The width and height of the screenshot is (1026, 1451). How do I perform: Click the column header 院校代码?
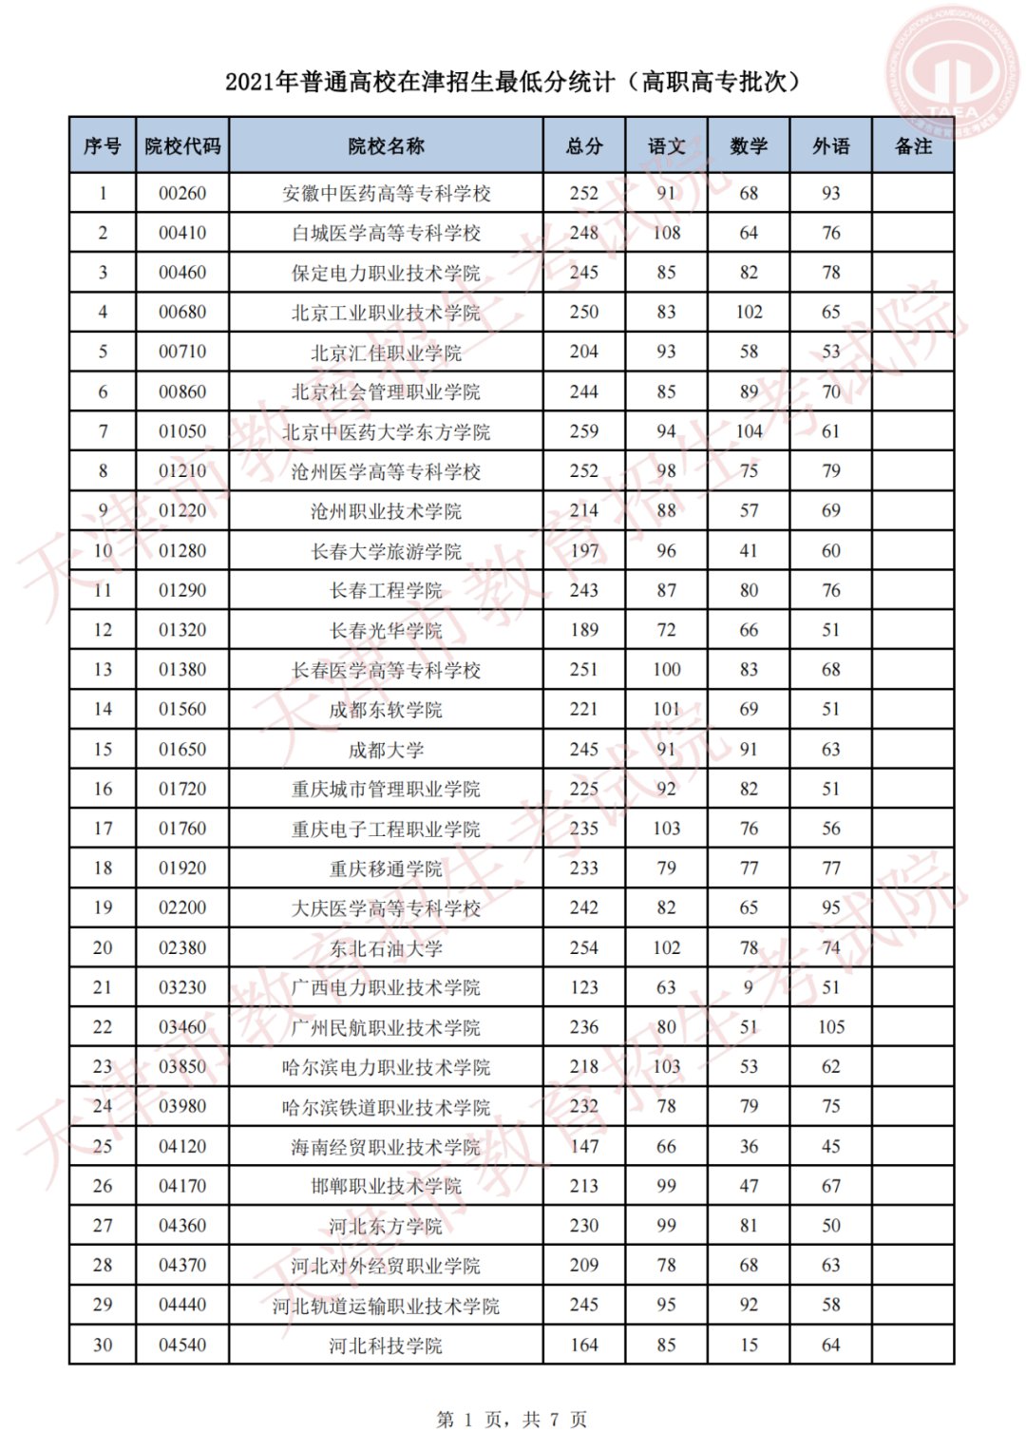pos(182,145)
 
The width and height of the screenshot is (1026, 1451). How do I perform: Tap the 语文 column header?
pos(666,145)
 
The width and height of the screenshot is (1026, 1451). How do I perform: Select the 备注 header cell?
pos(913,145)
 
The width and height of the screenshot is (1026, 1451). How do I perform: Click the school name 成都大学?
pos(386,750)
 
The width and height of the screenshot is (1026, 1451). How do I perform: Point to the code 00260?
pos(182,194)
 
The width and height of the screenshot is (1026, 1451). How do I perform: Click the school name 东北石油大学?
pos(386,948)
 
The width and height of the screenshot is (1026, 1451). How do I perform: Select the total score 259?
pos(584,431)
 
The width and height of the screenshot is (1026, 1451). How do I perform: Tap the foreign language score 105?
pos(831,1027)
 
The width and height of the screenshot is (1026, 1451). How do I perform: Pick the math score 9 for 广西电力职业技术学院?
pos(749,987)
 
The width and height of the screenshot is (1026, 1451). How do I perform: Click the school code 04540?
pos(182,1345)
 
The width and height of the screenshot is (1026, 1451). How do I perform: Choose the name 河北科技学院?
pos(386,1346)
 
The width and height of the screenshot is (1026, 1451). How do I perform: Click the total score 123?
pos(584,987)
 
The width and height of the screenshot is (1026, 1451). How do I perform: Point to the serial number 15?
pos(103,750)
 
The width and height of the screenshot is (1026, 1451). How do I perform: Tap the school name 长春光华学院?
pos(386,631)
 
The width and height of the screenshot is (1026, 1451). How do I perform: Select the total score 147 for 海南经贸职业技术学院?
pos(584,1147)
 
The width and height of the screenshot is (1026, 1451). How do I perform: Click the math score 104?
pos(749,431)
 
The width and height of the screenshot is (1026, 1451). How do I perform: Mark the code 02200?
pos(182,908)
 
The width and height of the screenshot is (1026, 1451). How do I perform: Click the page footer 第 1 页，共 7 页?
pos(512,1420)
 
